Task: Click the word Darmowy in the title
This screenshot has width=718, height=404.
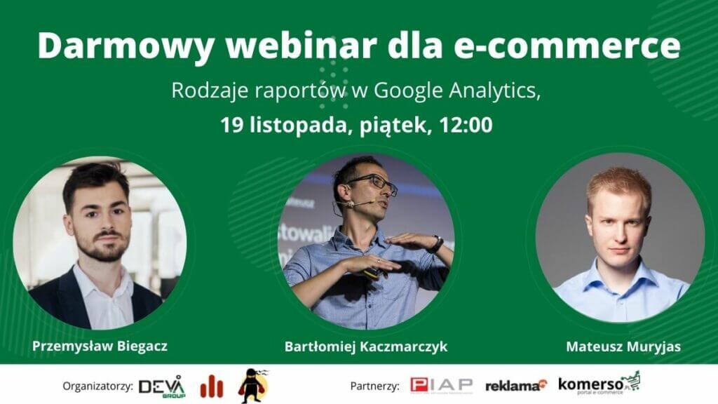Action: coord(126,46)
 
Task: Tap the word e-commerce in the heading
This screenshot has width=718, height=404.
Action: coord(567,46)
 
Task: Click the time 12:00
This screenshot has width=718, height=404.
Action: coord(466,125)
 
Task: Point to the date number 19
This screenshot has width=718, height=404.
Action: coord(232,125)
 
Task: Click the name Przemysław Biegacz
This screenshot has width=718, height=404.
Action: coord(100,346)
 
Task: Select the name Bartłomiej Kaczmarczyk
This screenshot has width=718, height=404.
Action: coord(366,346)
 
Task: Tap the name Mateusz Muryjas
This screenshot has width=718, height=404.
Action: coord(623,346)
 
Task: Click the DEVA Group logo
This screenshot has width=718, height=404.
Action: coord(162,386)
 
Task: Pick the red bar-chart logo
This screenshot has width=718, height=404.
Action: coord(212,386)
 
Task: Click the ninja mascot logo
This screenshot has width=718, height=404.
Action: coord(253,386)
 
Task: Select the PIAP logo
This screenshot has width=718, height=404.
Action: coord(442,386)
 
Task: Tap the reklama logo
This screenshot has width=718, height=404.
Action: coord(516,386)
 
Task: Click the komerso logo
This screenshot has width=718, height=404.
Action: coord(599,383)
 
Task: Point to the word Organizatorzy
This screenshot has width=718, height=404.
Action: coord(97,386)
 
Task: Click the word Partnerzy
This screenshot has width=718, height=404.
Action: coord(374,386)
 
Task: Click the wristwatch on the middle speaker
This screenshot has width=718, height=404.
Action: coord(436,243)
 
